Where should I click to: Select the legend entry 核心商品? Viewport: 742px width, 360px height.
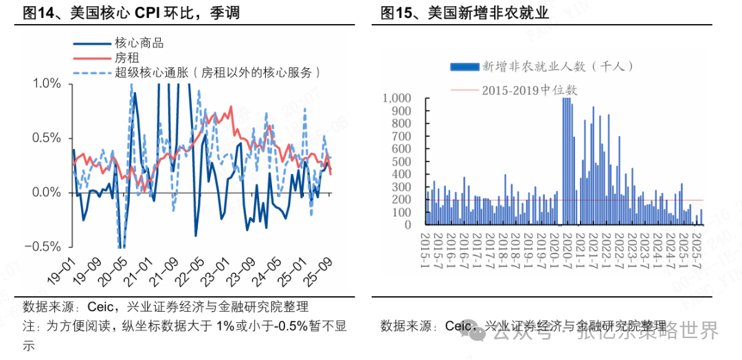(x=139, y=43)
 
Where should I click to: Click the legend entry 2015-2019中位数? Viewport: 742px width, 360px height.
(x=529, y=90)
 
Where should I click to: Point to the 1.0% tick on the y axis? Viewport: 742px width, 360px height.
(x=47, y=83)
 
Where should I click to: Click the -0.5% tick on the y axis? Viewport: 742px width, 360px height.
(x=45, y=247)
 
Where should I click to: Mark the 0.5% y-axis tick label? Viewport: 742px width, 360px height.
(x=47, y=138)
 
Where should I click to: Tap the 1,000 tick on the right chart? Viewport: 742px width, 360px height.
(x=397, y=98)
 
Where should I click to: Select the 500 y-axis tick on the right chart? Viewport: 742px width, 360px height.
(x=401, y=161)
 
